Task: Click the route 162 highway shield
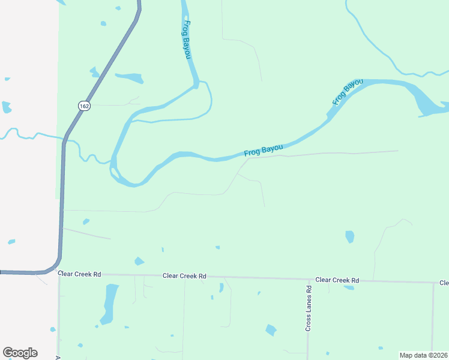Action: pos(83,106)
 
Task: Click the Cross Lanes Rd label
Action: pos(309,308)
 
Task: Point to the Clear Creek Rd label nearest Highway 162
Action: pos(80,274)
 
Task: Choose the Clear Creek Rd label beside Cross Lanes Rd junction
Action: pos(337,280)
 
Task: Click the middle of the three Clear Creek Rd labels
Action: pos(184,276)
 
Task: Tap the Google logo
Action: pos(20,353)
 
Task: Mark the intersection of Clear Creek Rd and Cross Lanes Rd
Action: pos(309,280)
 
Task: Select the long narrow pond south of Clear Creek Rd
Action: pos(110,303)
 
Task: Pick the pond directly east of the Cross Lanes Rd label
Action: pos(271,330)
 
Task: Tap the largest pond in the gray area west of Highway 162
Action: pos(6,108)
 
